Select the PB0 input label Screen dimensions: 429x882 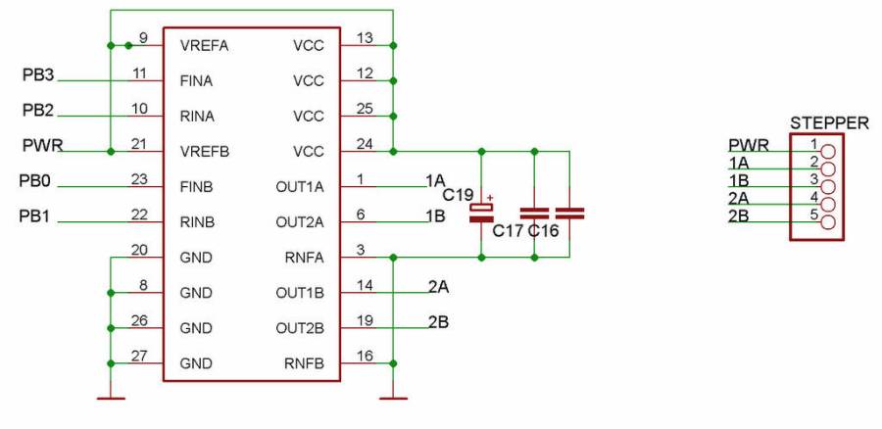(x=37, y=181)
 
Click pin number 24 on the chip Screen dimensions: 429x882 (x=365, y=144)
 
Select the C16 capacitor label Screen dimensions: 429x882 (x=545, y=231)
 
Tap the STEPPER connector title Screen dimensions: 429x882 (x=828, y=123)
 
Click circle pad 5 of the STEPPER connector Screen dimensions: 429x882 (x=828, y=222)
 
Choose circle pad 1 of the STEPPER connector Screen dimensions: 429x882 (x=828, y=152)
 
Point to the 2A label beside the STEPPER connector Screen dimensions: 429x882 (x=739, y=198)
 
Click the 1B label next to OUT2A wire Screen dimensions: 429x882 (x=436, y=216)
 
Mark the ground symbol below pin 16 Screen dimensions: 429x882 (x=393, y=397)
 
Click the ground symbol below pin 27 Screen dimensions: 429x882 (x=112, y=397)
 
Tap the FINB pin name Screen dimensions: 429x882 (x=197, y=186)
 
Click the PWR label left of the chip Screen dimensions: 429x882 (x=42, y=146)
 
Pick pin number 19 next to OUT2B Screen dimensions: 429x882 (x=365, y=320)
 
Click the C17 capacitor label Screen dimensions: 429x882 (x=508, y=231)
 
